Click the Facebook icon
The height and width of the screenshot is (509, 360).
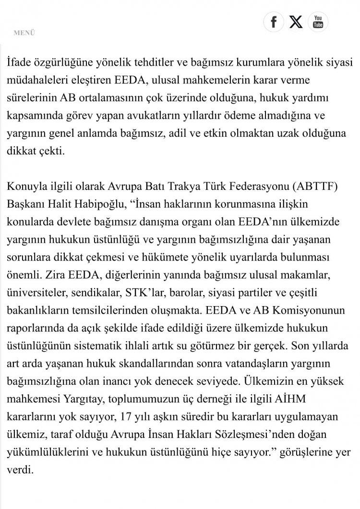coord(274,22)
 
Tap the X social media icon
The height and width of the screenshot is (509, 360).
coord(296,22)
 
